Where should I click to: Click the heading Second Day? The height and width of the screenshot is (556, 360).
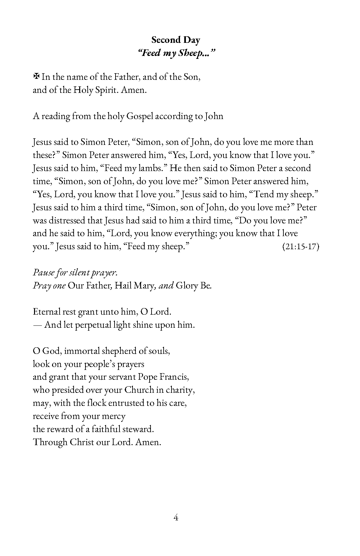[x=175, y=40]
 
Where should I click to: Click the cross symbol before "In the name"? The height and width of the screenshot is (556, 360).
[x=36, y=77]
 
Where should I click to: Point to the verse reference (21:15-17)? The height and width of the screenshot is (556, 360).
[x=300, y=246]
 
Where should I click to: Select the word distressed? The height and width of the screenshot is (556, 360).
[x=68, y=220]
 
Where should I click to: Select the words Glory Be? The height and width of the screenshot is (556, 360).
[x=193, y=286]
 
